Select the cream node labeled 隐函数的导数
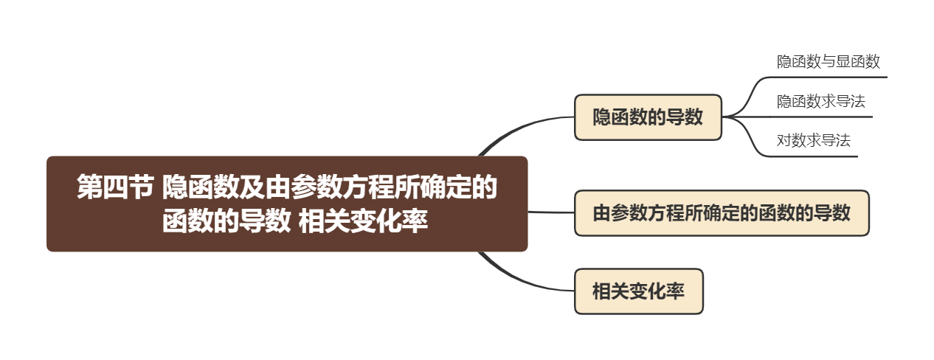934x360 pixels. pyautogui.click(x=648, y=117)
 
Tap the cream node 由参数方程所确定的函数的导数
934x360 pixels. pyautogui.click(x=722, y=214)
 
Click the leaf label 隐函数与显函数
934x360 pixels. pyautogui.click(x=828, y=62)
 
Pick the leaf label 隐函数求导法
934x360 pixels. pyautogui.click(x=820, y=101)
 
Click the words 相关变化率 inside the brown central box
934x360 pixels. pyautogui.click(x=364, y=221)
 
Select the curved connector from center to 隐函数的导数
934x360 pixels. pyautogui.click(x=516, y=129)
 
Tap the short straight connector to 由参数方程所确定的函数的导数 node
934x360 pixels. pyautogui.click(x=551, y=212)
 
